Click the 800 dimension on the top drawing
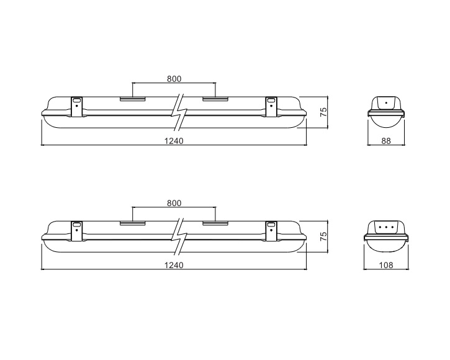174,79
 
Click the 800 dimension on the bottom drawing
174,203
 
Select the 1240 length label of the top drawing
174,141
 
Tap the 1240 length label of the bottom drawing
174,265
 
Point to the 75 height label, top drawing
323,112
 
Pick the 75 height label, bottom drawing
323,236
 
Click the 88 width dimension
386,141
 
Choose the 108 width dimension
386,265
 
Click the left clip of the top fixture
76,107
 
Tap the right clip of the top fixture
271,107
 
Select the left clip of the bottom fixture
76,231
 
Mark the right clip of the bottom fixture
271,231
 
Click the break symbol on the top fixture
179,112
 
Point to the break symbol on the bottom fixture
179,236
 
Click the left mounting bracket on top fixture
133,99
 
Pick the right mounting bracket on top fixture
215,99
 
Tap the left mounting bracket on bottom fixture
133,223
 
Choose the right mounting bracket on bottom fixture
215,223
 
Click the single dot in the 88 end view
386,102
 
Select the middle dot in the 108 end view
386,227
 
